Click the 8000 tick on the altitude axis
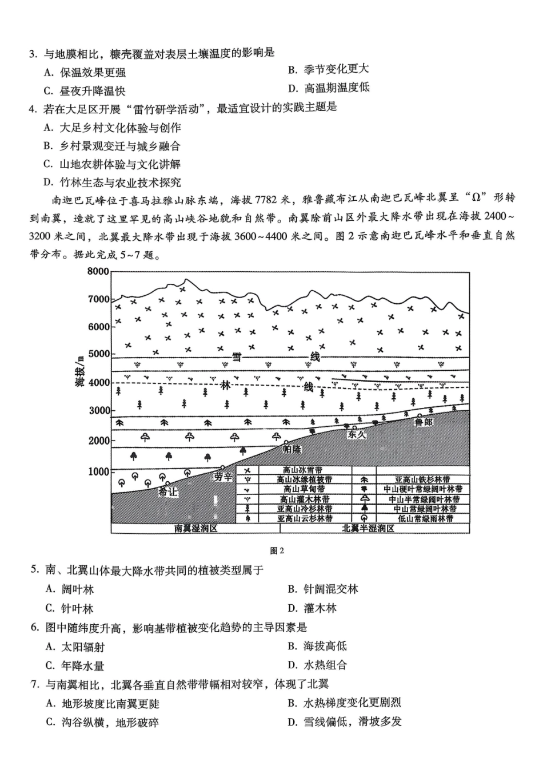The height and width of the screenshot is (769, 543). tap(98, 271)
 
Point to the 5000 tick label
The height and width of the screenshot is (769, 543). tap(98, 354)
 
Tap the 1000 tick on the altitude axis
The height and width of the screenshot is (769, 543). tap(98, 471)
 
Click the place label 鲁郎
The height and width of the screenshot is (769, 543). tap(424, 422)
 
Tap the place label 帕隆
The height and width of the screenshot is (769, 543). tap(292, 450)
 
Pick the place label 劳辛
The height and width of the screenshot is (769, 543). tap(223, 477)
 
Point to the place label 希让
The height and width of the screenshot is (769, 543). tap(168, 492)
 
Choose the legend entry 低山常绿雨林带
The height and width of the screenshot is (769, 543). tap(425, 518)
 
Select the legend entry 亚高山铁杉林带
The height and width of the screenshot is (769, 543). tap(422, 480)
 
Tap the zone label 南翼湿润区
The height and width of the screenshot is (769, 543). tap(196, 529)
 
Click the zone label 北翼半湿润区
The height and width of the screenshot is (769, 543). tap(368, 529)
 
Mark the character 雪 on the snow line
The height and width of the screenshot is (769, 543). tap(237, 357)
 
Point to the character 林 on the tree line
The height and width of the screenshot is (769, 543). tap(225, 386)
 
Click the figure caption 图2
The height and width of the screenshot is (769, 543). tap(277, 551)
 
